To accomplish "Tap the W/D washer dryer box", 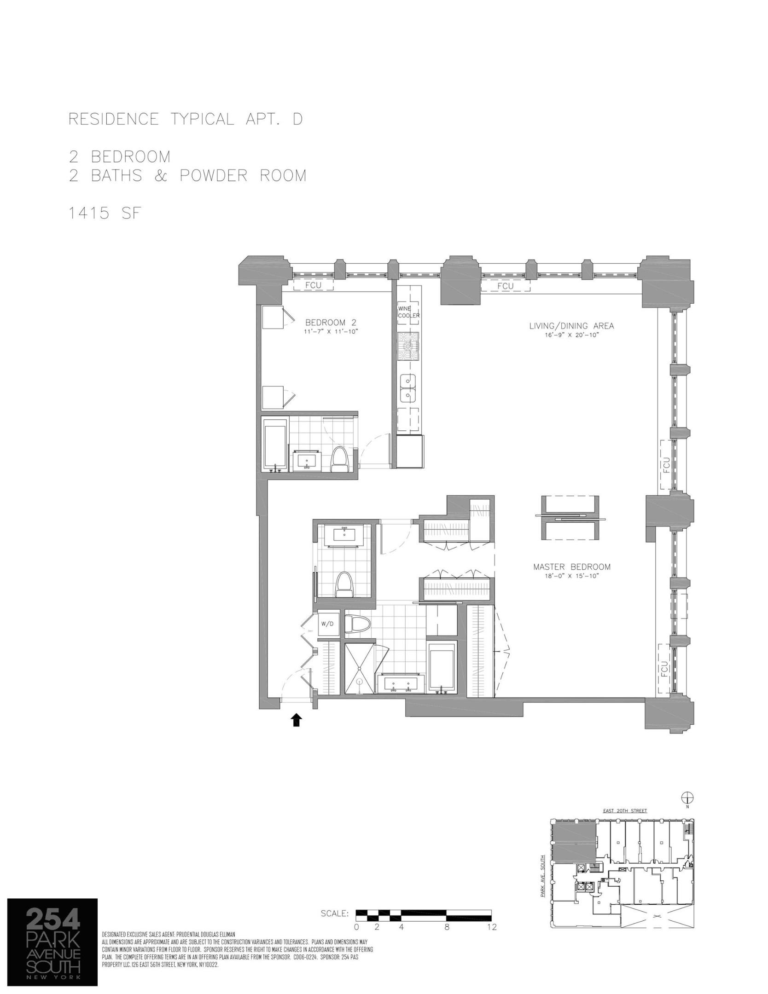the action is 327,624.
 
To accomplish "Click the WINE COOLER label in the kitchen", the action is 408,312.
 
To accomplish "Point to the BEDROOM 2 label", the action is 331,323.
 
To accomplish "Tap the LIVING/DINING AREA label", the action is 571,326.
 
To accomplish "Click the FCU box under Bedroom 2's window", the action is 313,285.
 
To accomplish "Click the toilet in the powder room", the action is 343,585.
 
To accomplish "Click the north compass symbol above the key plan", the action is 687,798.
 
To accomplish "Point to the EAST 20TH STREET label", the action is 624,811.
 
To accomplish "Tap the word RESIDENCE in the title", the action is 113,119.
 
